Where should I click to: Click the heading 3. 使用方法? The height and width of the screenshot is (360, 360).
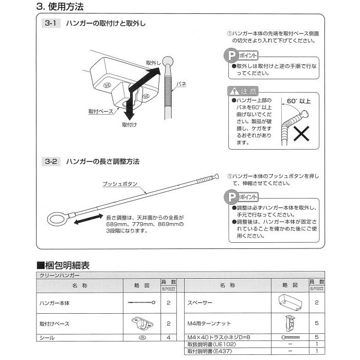click(x=60, y=7)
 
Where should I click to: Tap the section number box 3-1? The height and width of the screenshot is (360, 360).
click(x=52, y=23)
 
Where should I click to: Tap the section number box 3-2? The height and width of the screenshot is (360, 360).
click(x=52, y=161)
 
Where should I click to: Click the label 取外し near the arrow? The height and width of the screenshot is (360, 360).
click(x=154, y=62)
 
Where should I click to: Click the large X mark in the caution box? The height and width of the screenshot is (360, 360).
click(x=300, y=135)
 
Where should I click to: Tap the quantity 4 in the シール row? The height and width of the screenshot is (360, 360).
click(x=168, y=338)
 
